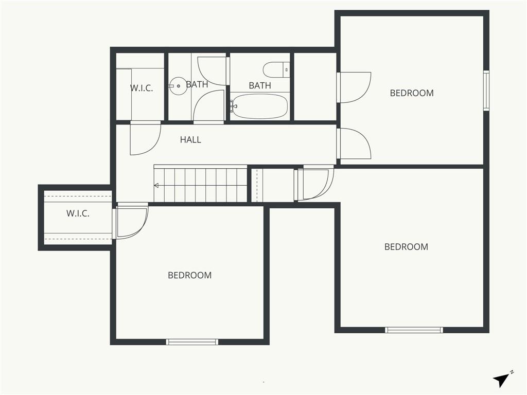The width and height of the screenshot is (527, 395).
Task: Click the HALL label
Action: click(190, 140)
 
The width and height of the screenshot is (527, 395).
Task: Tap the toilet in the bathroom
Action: click(276, 70)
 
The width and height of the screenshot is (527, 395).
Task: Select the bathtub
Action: click(259, 106)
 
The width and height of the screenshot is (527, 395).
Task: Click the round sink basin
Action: click(178, 86)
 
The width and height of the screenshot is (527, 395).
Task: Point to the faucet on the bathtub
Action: click(234, 106)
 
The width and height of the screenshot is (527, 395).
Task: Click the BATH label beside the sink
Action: click(197, 84)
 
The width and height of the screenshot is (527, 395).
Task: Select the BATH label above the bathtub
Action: click(260, 86)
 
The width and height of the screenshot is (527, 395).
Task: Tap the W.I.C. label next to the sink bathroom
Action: click(142, 88)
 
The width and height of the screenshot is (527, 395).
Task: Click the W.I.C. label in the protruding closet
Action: click(78, 213)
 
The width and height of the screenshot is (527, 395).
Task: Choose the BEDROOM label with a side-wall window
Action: click(412, 93)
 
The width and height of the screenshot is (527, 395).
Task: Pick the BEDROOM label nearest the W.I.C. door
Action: click(189, 276)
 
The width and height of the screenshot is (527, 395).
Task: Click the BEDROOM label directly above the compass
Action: click(407, 247)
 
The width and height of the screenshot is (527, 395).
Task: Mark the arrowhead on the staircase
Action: click(156, 185)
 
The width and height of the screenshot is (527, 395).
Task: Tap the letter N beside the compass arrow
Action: click(512, 372)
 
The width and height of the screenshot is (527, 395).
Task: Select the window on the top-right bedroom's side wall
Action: click(486, 91)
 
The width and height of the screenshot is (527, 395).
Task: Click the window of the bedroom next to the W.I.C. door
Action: click(192, 342)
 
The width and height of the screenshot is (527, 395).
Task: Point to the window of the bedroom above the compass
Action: click(414, 330)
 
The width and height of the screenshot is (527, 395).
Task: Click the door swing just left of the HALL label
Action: click(146, 139)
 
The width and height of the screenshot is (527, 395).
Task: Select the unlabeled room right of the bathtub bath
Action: click(315, 86)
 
